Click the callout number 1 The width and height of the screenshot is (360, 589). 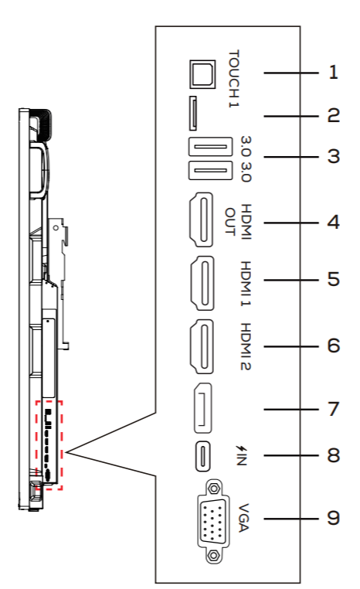(333, 72)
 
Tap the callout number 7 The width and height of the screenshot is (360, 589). (333, 409)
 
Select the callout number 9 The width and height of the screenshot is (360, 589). (333, 519)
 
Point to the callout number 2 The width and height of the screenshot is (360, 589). (333, 115)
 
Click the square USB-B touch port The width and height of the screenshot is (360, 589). (202, 74)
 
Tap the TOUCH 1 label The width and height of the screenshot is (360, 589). (233, 79)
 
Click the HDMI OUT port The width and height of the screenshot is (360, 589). (200, 220)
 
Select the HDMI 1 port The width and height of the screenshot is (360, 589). (202, 283)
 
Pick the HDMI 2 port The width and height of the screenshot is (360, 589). (202, 347)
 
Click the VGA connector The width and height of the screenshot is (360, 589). (213, 522)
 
